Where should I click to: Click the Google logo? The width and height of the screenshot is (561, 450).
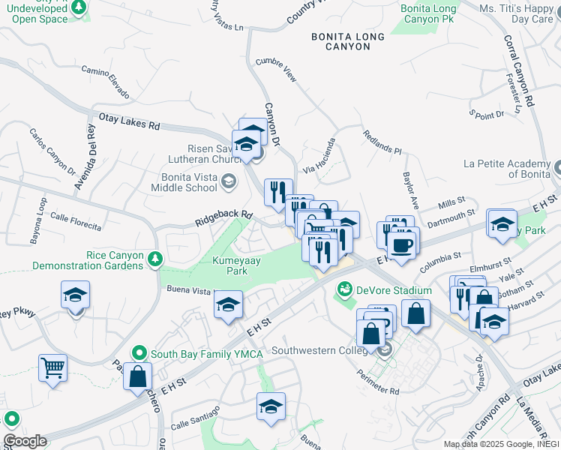24,441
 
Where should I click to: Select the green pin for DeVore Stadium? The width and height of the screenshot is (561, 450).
345,289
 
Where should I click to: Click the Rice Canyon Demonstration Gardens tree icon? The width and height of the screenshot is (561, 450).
155,259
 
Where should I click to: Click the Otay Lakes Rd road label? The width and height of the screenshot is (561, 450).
130,121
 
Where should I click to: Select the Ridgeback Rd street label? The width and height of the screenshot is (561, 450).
223,217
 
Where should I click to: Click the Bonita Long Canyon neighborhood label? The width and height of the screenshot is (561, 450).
348,41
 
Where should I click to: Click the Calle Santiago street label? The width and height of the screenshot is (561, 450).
195,417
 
